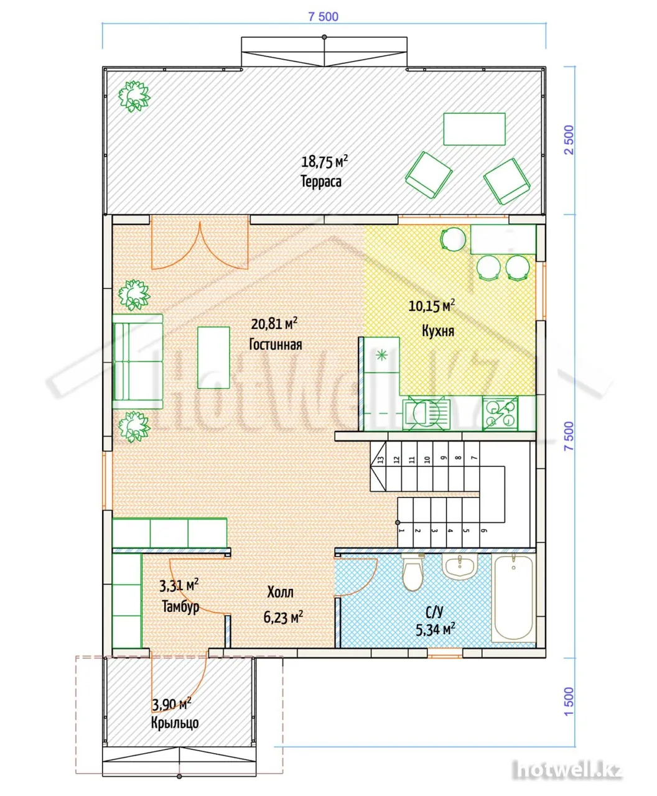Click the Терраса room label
pyautogui.click(x=321, y=181)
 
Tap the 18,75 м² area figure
pyautogui.click(x=324, y=162)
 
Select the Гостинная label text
pyautogui.click(x=276, y=345)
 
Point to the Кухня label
pyautogui.click(x=438, y=331)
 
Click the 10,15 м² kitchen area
pyautogui.click(x=432, y=306)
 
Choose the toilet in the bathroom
pyautogui.click(x=412, y=572)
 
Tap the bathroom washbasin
pyautogui.click(x=460, y=567)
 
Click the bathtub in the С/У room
pyautogui.click(x=513, y=598)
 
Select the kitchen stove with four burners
pyautogui.click(x=500, y=414)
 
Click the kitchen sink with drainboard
pyautogui.click(x=427, y=414)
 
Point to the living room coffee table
pyautogui.click(x=213, y=358)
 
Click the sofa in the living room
pyautogui.click(x=137, y=357)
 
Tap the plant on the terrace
pyautogui.click(x=134, y=96)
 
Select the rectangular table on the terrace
pyautogui.click(x=474, y=129)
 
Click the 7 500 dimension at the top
pyautogui.click(x=323, y=17)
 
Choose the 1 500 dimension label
pyautogui.click(x=569, y=702)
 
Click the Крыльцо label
pyautogui.click(x=175, y=723)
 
